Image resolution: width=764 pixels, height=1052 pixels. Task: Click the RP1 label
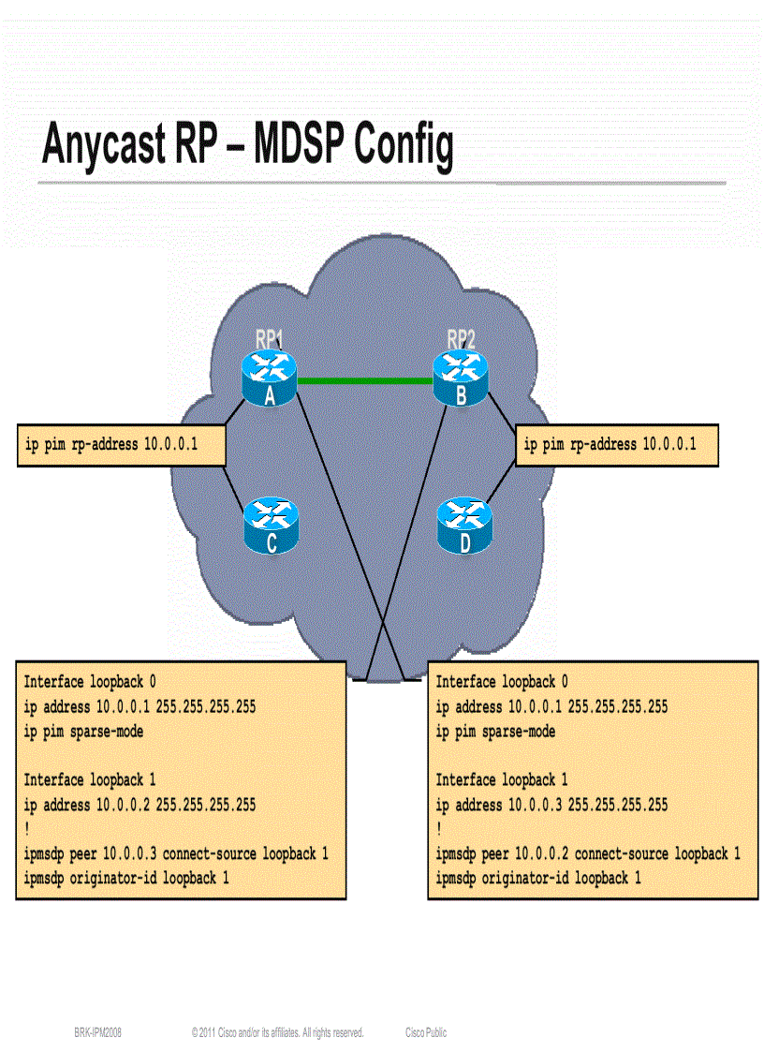coord(270,338)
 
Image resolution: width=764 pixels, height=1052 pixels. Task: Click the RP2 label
coord(461,338)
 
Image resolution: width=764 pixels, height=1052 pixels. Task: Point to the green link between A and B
coord(365,380)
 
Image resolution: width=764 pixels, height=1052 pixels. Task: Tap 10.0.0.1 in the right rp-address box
coord(668,444)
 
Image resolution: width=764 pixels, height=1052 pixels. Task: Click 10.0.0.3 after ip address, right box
coord(536,805)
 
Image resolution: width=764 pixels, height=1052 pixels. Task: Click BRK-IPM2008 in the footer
coord(98,1032)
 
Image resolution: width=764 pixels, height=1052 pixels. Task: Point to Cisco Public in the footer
coord(426,1032)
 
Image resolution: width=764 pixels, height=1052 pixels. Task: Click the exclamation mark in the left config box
coord(26,829)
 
